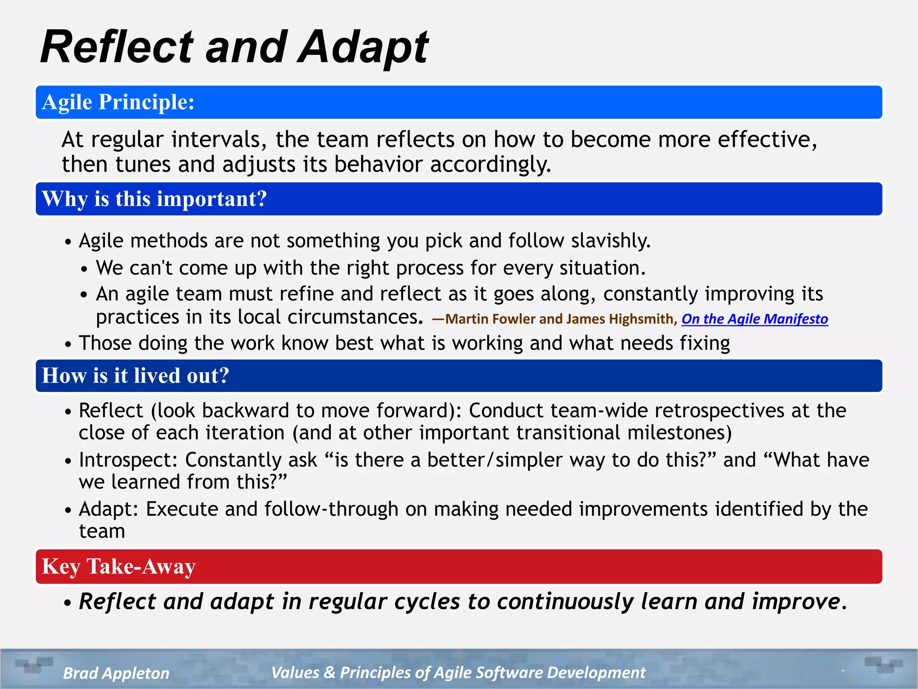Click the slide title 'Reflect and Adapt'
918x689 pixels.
click(234, 47)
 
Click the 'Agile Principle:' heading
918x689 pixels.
click(118, 102)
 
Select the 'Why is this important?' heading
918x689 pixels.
click(154, 199)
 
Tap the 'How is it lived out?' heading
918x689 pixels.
click(135, 376)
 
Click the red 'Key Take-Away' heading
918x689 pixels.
click(118, 567)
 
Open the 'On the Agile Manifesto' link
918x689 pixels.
click(754, 319)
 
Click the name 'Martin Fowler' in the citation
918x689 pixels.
click(490, 319)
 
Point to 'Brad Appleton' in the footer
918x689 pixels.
click(116, 673)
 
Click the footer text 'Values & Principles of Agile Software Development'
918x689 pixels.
click(458, 672)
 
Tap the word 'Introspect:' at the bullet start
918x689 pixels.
click(128, 460)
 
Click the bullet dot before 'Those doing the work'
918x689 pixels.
click(68, 344)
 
